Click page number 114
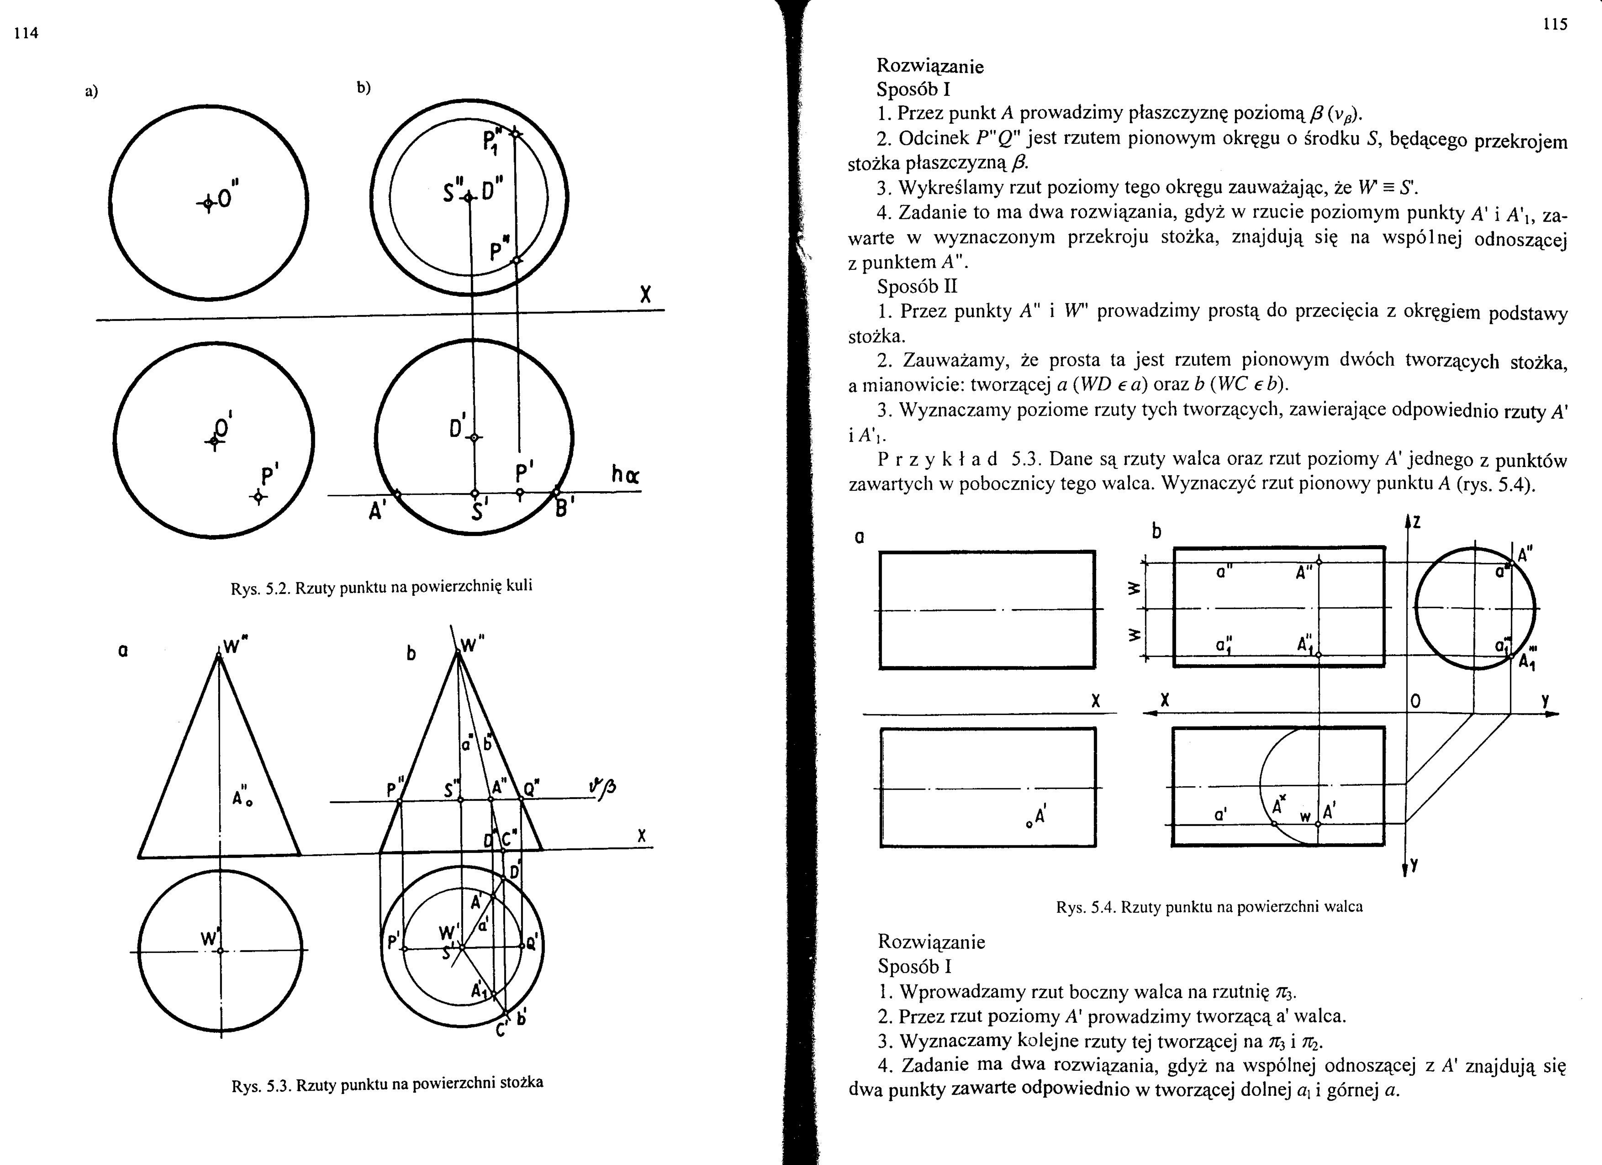26,33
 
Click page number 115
1555,25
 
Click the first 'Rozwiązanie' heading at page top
929,66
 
